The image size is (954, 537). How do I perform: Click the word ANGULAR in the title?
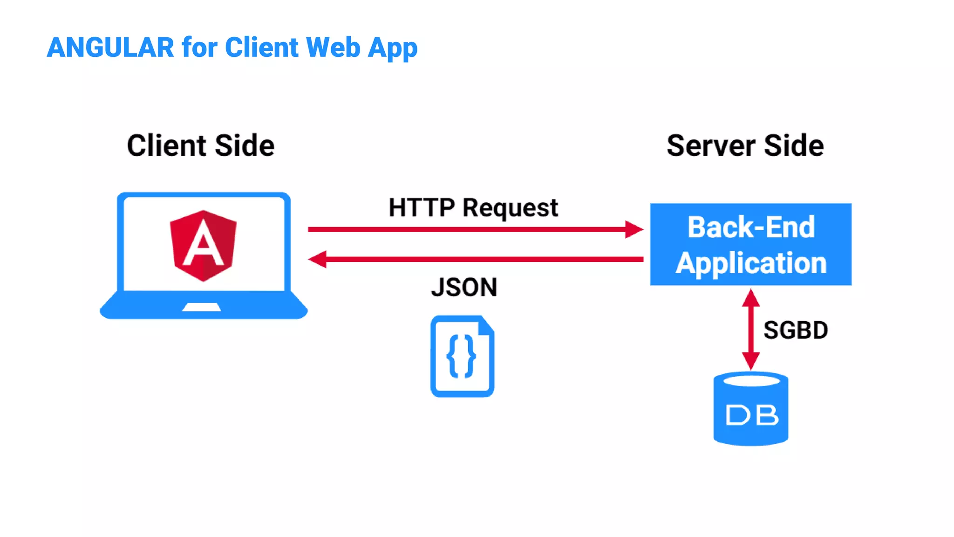pyautogui.click(x=110, y=48)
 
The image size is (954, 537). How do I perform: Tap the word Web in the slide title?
pyautogui.click(x=333, y=48)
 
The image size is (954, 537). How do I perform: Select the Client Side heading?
pyautogui.click(x=201, y=145)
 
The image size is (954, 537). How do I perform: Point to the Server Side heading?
pyautogui.click(x=745, y=145)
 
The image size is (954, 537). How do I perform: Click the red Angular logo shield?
pyautogui.click(x=203, y=246)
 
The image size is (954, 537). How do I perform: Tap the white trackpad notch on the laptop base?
pyautogui.click(x=201, y=307)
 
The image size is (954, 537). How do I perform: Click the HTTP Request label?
pyautogui.click(x=473, y=207)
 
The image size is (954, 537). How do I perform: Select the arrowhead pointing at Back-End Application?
pyautogui.click(x=634, y=229)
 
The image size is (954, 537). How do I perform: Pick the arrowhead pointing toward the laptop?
pyautogui.click(x=318, y=259)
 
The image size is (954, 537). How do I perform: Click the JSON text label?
pyautogui.click(x=464, y=287)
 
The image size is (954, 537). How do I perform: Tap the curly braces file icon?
pyautogui.click(x=462, y=357)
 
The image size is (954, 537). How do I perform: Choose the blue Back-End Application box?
pyautogui.click(x=750, y=244)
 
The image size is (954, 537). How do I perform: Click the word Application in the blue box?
pyautogui.click(x=751, y=263)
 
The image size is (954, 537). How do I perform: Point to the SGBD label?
pyautogui.click(x=796, y=330)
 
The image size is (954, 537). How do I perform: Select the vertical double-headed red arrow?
pyautogui.click(x=751, y=329)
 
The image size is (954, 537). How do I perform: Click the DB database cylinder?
pyautogui.click(x=751, y=409)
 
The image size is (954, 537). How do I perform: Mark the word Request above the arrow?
pyautogui.click(x=510, y=208)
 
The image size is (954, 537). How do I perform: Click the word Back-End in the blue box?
pyautogui.click(x=751, y=227)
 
